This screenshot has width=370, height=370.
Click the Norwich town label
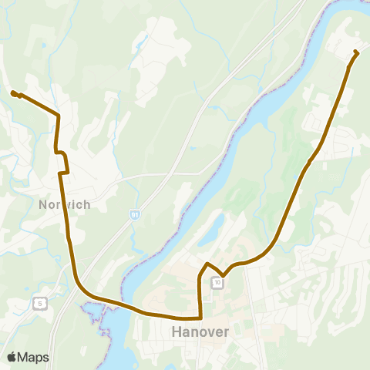(x=65, y=204)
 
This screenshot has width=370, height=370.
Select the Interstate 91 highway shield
(x=135, y=214)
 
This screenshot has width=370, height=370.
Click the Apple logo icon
(x=12, y=357)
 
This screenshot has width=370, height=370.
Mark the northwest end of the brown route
(x=13, y=93)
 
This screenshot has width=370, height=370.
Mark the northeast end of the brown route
(x=356, y=52)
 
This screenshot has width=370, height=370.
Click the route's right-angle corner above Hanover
(x=200, y=317)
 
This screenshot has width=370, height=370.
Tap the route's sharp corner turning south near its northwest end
(x=59, y=116)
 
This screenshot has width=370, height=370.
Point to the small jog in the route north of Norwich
(x=64, y=158)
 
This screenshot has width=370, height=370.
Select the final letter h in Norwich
(x=87, y=204)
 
